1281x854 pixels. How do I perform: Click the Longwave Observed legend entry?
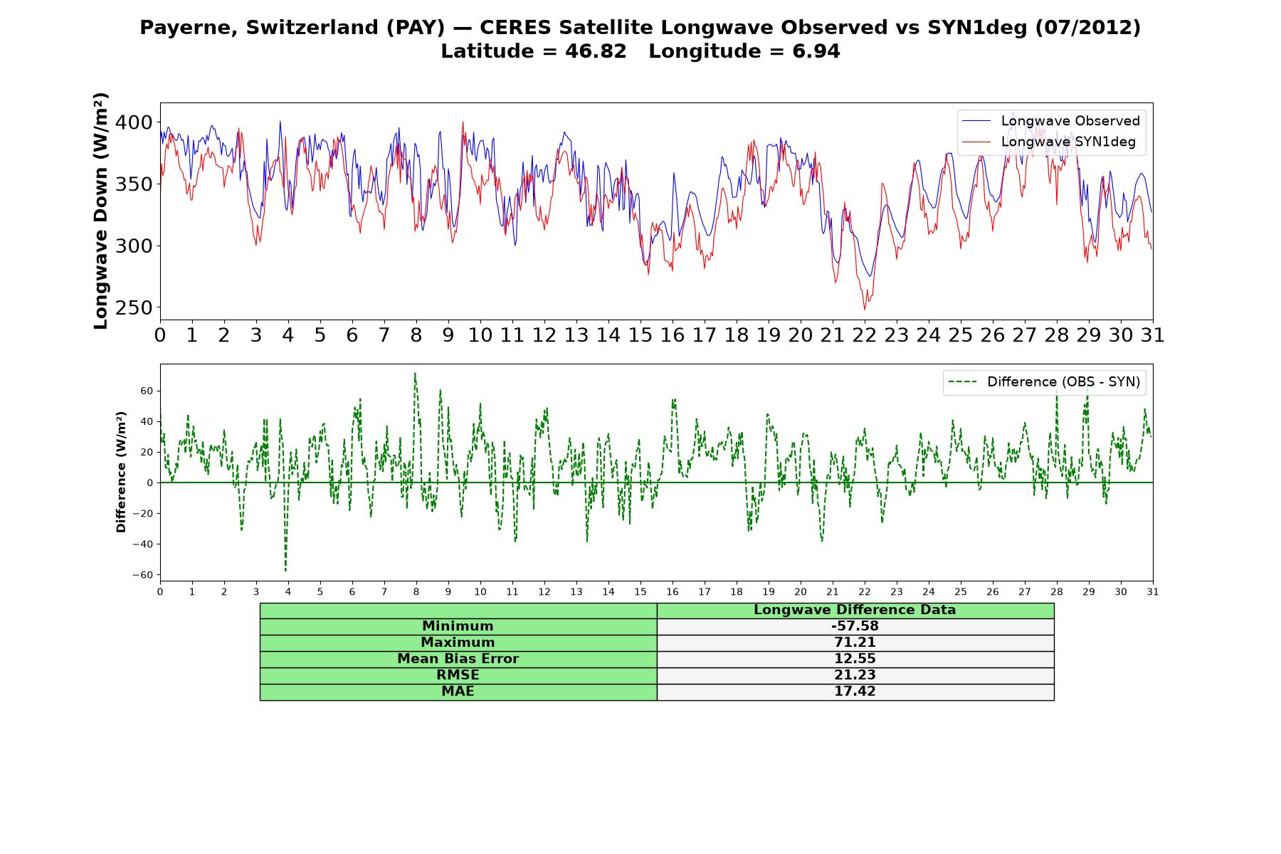[x=1050, y=121]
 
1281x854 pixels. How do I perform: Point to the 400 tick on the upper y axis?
[x=134, y=122]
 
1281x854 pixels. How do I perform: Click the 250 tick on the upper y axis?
[x=134, y=307]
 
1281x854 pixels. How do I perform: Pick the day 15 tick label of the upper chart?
[x=640, y=334]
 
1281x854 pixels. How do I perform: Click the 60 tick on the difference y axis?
[x=147, y=391]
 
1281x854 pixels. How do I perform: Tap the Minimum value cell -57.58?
[x=855, y=626]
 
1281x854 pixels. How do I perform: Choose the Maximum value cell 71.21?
[x=855, y=643]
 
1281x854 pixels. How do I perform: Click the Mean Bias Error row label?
[x=458, y=659]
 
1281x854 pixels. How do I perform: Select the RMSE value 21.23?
[x=855, y=675]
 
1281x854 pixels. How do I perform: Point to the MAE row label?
[x=458, y=692]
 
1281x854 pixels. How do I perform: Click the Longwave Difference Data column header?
[x=855, y=610]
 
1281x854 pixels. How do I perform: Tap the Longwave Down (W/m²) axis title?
[x=100, y=211]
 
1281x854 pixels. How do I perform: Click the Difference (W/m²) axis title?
[x=121, y=472]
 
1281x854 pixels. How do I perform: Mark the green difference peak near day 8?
[x=415, y=373]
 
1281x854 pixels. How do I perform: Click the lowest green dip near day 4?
[x=286, y=570]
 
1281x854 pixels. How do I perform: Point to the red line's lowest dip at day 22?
[x=865, y=309]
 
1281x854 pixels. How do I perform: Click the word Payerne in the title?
[x=189, y=28]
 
